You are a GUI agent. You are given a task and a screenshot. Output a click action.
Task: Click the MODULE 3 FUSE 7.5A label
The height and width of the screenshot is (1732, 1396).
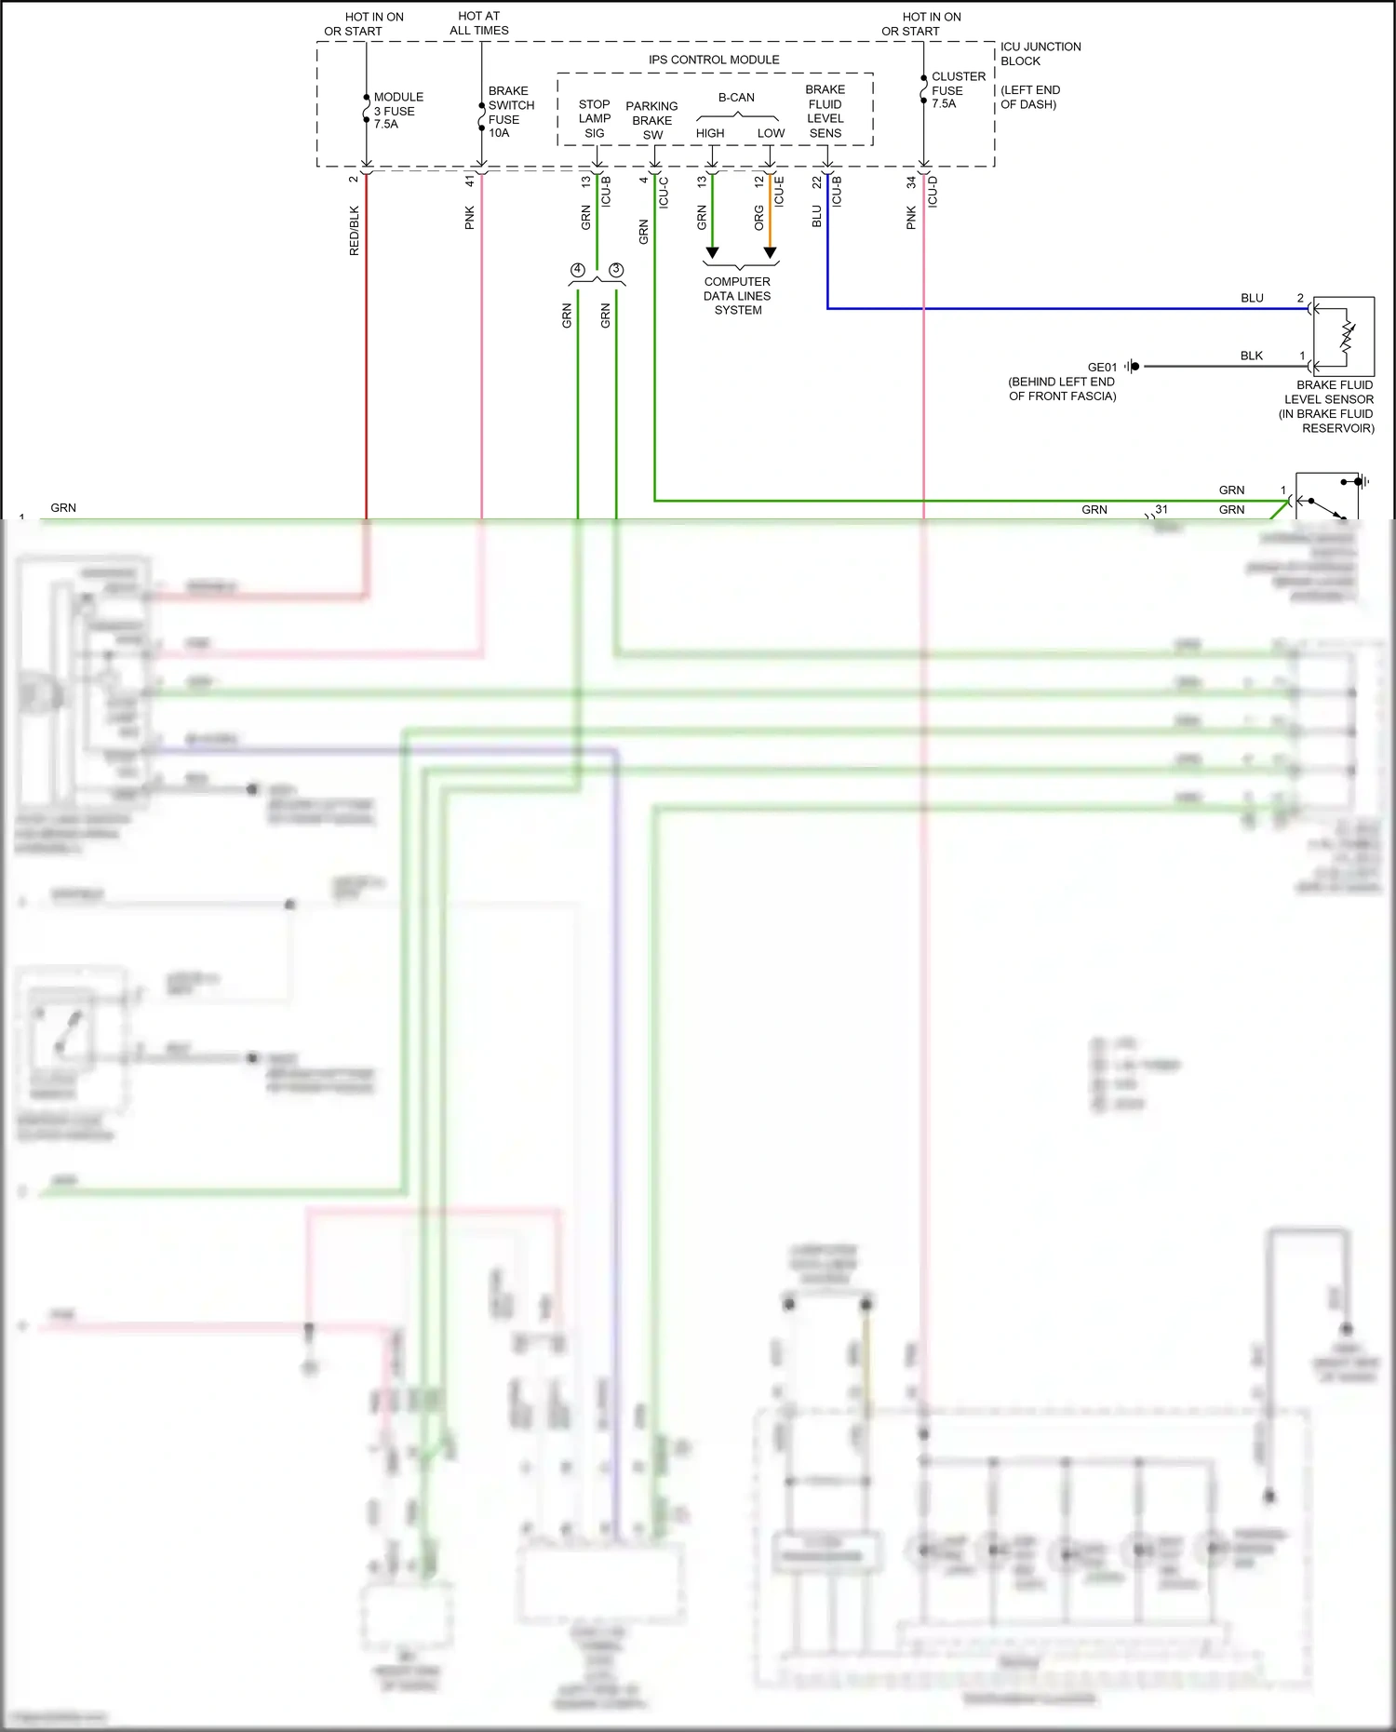pyautogui.click(x=397, y=111)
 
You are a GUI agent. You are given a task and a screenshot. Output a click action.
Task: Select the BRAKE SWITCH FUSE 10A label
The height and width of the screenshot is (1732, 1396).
pyautogui.click(x=510, y=112)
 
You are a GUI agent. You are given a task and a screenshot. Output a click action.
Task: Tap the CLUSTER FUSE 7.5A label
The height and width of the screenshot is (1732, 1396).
pyautogui.click(x=958, y=90)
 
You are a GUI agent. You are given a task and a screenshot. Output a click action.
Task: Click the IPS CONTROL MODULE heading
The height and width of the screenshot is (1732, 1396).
pyautogui.click(x=714, y=60)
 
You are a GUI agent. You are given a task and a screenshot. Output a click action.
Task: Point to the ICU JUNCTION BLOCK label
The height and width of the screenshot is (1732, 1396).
pyautogui.click(x=1040, y=54)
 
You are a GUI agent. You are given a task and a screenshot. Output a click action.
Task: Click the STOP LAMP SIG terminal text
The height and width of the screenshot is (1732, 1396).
pyautogui.click(x=594, y=119)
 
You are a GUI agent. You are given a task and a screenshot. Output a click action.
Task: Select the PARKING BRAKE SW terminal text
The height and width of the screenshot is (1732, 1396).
pyautogui.click(x=651, y=121)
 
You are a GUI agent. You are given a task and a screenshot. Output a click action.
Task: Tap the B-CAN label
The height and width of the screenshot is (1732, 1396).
pyautogui.click(x=736, y=98)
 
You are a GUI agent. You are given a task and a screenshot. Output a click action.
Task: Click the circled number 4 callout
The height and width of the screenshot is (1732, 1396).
pyautogui.click(x=578, y=270)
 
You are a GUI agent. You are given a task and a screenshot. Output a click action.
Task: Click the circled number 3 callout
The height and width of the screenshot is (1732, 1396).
pyautogui.click(x=616, y=270)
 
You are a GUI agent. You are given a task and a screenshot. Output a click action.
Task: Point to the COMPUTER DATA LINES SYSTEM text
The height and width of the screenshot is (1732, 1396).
pyautogui.click(x=737, y=296)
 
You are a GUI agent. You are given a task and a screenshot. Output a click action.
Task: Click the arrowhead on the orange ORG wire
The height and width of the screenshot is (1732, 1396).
pyautogui.click(x=770, y=253)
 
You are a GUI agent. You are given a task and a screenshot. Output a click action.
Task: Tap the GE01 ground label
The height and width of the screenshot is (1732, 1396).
pyautogui.click(x=1102, y=368)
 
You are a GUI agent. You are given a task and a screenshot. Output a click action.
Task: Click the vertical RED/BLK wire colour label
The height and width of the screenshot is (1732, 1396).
pyautogui.click(x=354, y=231)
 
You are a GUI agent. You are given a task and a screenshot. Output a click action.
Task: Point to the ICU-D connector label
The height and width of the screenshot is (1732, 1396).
pyautogui.click(x=933, y=191)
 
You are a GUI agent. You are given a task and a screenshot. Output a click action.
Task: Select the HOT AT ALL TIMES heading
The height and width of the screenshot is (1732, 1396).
pyautogui.click(x=478, y=23)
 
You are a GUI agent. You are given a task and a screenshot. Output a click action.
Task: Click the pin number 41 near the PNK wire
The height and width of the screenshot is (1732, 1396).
pyautogui.click(x=470, y=181)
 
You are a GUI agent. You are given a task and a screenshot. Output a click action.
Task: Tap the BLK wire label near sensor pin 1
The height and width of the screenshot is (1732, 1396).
pyautogui.click(x=1251, y=356)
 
